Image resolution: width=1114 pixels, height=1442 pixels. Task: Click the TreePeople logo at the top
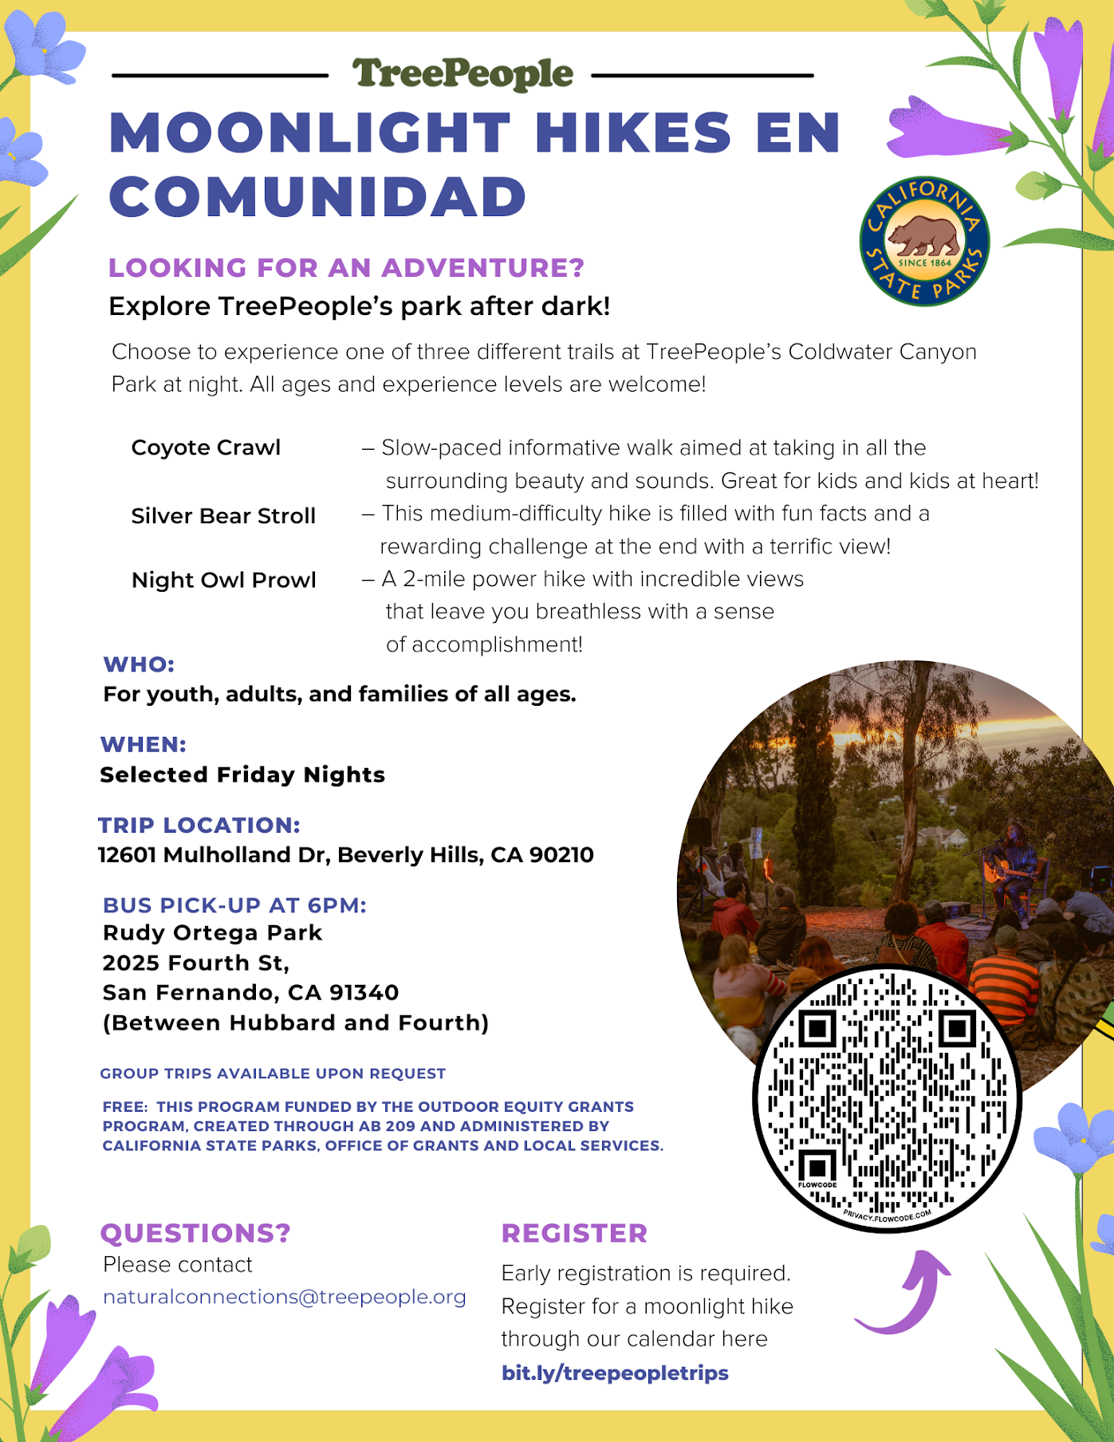463,75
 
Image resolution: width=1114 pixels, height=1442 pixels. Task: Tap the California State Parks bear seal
924,241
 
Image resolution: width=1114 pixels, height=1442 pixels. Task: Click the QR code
888,1098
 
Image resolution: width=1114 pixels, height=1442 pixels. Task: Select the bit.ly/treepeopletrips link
615,1373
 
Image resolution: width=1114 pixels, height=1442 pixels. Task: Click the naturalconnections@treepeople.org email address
285,1297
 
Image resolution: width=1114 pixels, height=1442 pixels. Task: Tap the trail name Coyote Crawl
206,447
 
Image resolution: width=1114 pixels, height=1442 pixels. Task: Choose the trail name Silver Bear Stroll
223,516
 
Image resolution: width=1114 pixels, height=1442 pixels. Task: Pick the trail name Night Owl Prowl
223,580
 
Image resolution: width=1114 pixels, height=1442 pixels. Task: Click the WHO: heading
139,664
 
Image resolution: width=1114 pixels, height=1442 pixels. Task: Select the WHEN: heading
143,744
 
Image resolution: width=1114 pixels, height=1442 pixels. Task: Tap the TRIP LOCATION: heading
199,825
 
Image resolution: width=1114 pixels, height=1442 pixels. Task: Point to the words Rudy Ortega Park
212,932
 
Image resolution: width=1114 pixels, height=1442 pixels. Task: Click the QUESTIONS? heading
195,1233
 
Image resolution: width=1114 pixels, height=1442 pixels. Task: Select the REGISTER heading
574,1233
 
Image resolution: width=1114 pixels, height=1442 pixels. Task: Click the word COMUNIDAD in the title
317,197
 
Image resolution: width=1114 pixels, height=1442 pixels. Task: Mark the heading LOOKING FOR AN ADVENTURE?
346,268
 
